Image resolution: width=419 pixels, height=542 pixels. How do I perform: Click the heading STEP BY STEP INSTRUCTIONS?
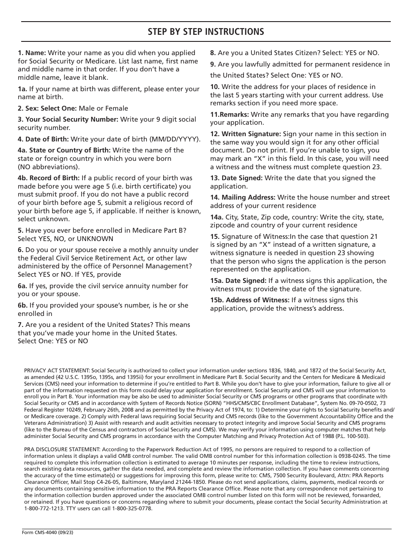pos(206,32)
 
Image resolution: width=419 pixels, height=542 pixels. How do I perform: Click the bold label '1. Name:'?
pos(32,53)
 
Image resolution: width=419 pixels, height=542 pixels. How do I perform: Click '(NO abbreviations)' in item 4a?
pos(49,167)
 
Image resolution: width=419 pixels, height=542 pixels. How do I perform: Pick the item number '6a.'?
pos(22,286)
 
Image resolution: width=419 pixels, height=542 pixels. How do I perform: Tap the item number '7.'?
pos(21,325)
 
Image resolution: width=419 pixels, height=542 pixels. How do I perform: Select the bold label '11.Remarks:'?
pos(229,115)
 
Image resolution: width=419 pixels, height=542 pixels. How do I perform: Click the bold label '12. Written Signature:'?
pos(245,134)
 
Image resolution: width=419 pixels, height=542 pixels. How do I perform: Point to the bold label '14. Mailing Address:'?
pos(243,197)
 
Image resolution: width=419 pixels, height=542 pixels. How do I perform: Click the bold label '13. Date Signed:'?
pos(236,178)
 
